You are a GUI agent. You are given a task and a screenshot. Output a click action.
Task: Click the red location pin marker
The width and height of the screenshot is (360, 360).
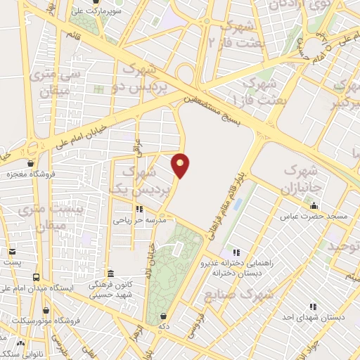click(181, 165)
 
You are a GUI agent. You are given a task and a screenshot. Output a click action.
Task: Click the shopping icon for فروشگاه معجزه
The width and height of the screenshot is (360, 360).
click(11, 162)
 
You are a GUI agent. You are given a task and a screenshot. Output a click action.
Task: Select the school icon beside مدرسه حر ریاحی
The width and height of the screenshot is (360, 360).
click(139, 209)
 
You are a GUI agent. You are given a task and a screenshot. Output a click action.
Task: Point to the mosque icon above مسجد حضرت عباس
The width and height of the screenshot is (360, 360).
click(314, 206)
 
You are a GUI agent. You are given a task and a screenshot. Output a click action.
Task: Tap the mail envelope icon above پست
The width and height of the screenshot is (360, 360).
click(12, 251)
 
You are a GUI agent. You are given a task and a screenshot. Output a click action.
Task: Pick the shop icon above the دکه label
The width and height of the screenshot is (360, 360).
click(163, 317)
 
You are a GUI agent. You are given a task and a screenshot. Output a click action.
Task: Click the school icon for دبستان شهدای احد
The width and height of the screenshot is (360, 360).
click(313, 307)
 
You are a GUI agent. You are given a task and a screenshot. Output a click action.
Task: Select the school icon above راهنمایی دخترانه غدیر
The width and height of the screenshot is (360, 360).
click(236, 252)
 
